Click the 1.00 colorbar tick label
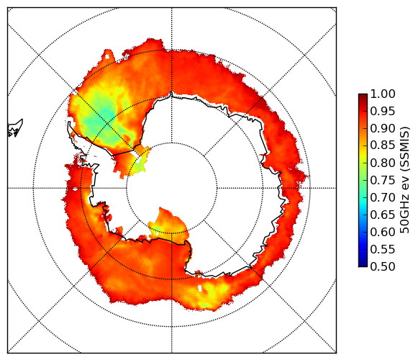coord(383,94)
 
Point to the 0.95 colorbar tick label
coord(383,112)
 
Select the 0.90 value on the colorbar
coord(383,128)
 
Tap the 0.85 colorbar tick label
coord(383,145)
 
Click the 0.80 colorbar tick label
coord(383,163)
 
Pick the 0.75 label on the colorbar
coord(383,180)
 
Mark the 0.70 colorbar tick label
coord(383,197)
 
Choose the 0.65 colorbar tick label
coord(383,215)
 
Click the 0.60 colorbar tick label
coord(383,232)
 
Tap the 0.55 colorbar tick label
coord(383,249)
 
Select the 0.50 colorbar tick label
coord(383,266)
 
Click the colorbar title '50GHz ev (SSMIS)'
coord(404,180)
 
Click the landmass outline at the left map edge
coord(15,128)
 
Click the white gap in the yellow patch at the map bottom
coord(200,288)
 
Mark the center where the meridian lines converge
coord(172,188)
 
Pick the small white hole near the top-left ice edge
coord(107,57)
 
